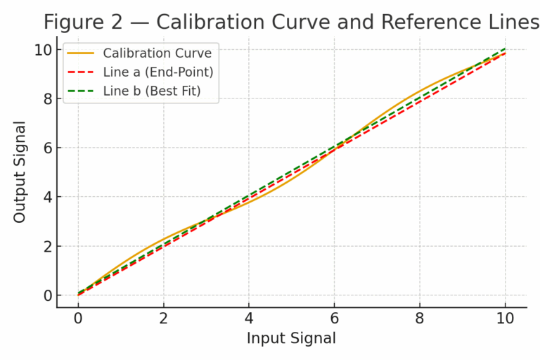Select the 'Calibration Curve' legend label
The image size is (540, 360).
point(157,53)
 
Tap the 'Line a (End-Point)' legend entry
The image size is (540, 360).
point(157,72)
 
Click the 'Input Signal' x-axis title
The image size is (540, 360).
point(291,338)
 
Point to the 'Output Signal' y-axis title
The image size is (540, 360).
point(20,172)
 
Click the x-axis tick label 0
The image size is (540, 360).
point(78,318)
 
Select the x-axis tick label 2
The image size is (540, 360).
point(164,318)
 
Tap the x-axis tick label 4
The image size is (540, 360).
point(249,318)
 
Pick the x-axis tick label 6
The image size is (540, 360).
point(335,318)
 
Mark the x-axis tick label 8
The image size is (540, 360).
point(420,318)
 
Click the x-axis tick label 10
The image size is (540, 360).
point(505,318)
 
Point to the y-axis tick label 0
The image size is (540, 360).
point(48,296)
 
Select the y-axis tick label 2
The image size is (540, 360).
point(48,247)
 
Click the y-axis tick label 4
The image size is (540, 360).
point(48,198)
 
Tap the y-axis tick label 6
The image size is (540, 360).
point(48,148)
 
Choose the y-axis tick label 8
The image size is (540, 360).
point(48,99)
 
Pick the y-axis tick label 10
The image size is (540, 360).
point(44,50)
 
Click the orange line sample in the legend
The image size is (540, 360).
point(81,53)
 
